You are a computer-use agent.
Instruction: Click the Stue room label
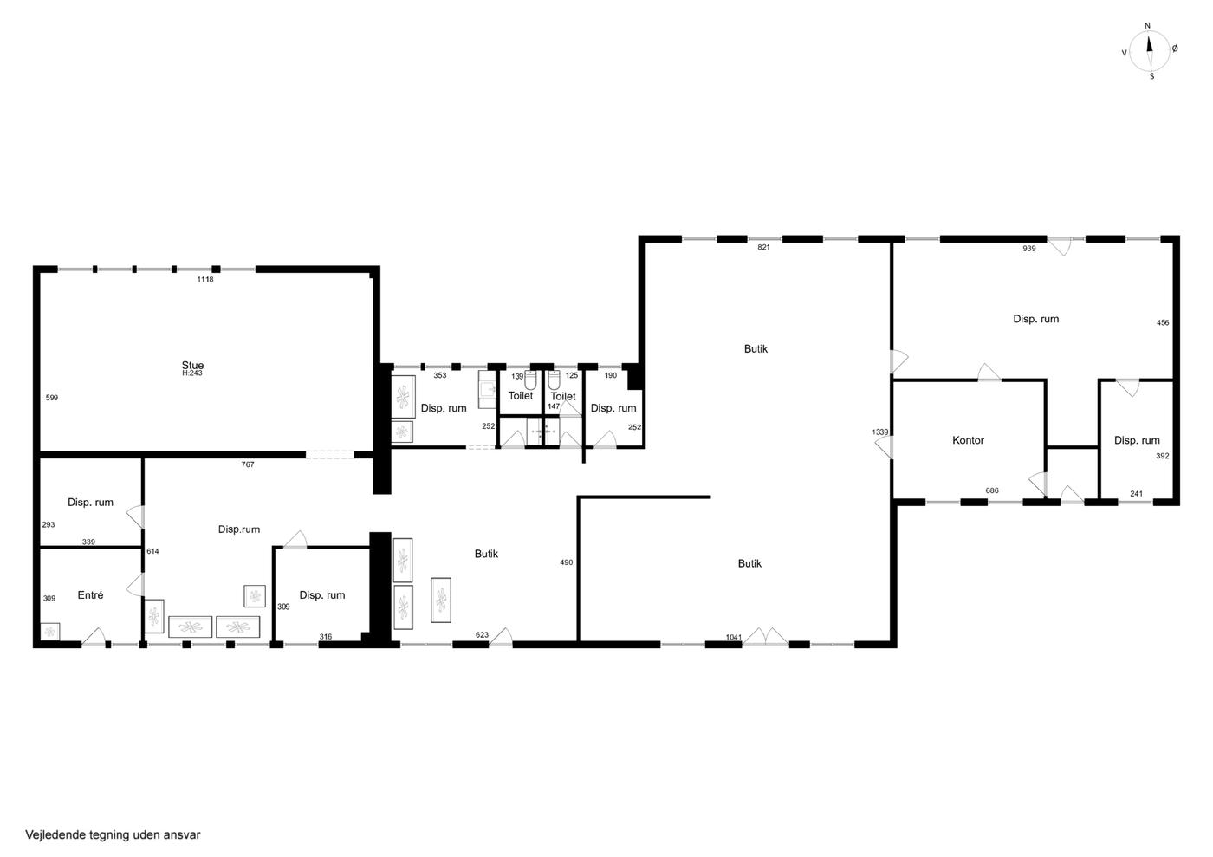(x=192, y=365)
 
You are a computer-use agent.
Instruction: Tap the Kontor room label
(x=969, y=440)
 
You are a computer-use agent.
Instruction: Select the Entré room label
(x=90, y=594)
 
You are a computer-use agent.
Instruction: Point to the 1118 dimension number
(x=205, y=280)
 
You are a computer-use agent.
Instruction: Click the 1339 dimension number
(x=880, y=432)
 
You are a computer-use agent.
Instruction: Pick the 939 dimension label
(x=1029, y=249)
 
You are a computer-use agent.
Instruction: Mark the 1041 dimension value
(x=734, y=637)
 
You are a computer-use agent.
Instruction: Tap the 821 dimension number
(x=763, y=248)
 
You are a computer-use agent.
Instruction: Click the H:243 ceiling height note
(x=192, y=373)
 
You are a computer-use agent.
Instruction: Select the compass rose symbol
(x=1149, y=52)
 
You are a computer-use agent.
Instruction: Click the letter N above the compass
(x=1147, y=26)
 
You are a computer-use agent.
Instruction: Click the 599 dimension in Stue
(x=51, y=398)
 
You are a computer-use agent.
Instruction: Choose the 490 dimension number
(x=567, y=562)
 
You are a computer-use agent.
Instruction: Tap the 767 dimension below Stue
(x=248, y=464)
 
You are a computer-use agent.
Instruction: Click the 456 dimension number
(x=1163, y=323)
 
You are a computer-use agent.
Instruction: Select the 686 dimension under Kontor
(x=992, y=490)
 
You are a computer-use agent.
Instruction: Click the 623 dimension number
(x=482, y=635)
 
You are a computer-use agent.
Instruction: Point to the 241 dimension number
(x=1136, y=494)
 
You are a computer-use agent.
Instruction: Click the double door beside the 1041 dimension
(x=765, y=637)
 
